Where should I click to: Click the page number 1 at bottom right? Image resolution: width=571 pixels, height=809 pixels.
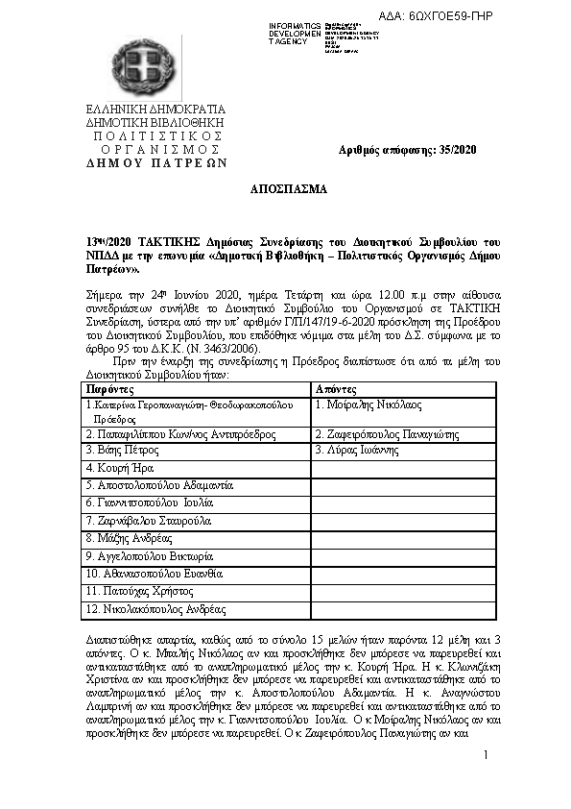[x=486, y=756]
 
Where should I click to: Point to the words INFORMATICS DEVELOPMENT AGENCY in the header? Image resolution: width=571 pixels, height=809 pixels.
[x=296, y=33]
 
